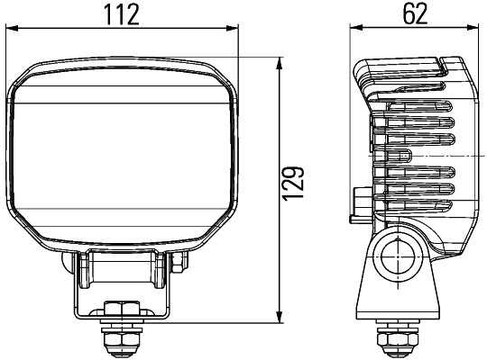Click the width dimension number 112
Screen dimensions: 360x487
pos(125,15)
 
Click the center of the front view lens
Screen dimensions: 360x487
pos(124,153)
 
